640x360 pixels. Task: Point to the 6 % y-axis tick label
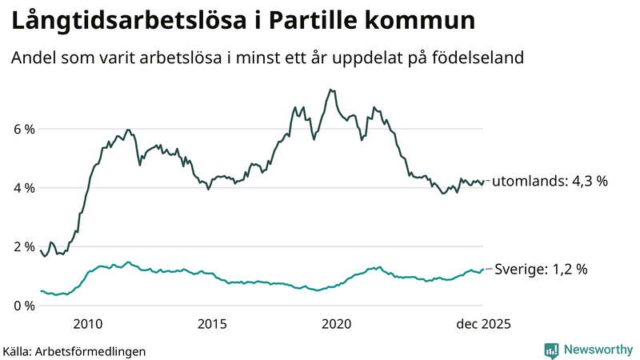(x=24, y=129)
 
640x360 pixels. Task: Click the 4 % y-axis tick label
(x=24, y=188)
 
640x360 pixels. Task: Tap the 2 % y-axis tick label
(x=24, y=246)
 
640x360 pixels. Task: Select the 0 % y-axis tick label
(x=24, y=306)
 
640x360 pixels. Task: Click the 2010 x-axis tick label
(x=87, y=324)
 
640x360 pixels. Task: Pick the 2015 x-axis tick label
(x=212, y=324)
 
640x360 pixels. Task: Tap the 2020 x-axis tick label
(x=336, y=324)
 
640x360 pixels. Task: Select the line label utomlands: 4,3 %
(x=550, y=182)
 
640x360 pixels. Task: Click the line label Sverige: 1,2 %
(x=542, y=270)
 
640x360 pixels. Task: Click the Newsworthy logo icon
(x=551, y=350)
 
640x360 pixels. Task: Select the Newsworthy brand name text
(x=597, y=350)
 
